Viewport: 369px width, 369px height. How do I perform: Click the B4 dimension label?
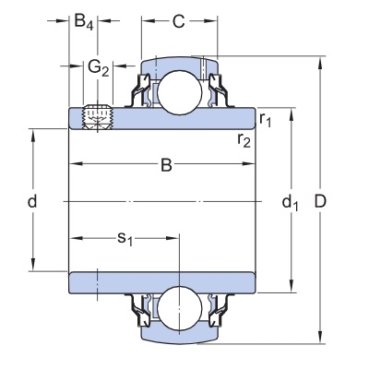84,22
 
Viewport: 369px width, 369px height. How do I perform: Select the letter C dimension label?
178,21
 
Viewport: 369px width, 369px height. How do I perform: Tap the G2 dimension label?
99,68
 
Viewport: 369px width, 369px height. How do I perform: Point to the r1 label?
265,119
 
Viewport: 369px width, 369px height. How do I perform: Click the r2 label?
244,140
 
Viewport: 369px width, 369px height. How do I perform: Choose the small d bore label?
32,201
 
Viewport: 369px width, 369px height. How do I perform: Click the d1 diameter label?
290,203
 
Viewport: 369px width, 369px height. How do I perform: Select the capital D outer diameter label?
320,202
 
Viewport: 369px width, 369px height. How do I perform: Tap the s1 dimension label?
125,239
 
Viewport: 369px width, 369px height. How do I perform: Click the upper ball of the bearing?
180,92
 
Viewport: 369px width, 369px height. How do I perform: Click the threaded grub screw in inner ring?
98,117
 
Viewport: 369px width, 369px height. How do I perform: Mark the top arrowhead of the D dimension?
320,63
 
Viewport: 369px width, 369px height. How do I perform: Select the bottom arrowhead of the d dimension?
32,264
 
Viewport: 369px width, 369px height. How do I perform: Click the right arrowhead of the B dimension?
248,163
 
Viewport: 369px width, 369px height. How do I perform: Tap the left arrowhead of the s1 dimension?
76,238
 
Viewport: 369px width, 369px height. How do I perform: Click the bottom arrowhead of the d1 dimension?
292,286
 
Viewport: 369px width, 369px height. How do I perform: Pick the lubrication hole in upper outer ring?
203,67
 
